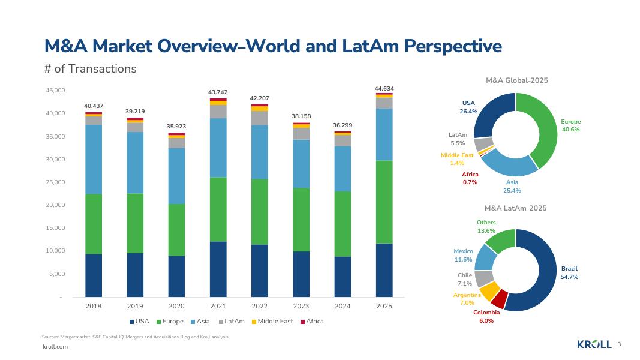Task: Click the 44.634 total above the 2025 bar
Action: pyautogui.click(x=384, y=88)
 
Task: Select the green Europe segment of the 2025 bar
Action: pyautogui.click(x=384, y=202)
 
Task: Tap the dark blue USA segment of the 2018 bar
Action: pyautogui.click(x=94, y=275)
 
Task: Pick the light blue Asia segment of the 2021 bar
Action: pyautogui.click(x=218, y=148)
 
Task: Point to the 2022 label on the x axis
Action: pyautogui.click(x=259, y=306)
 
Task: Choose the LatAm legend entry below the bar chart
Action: pyautogui.click(x=232, y=322)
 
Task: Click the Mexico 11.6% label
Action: pyautogui.click(x=463, y=255)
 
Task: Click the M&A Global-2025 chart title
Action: pyautogui.click(x=516, y=80)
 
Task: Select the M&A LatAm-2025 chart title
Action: pyautogui.click(x=515, y=208)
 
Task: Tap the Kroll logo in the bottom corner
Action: pyautogui.click(x=594, y=344)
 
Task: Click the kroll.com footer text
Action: pyautogui.click(x=55, y=347)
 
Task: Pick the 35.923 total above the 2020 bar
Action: pyautogui.click(x=176, y=127)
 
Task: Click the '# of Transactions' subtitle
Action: pyautogui.click(x=91, y=69)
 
